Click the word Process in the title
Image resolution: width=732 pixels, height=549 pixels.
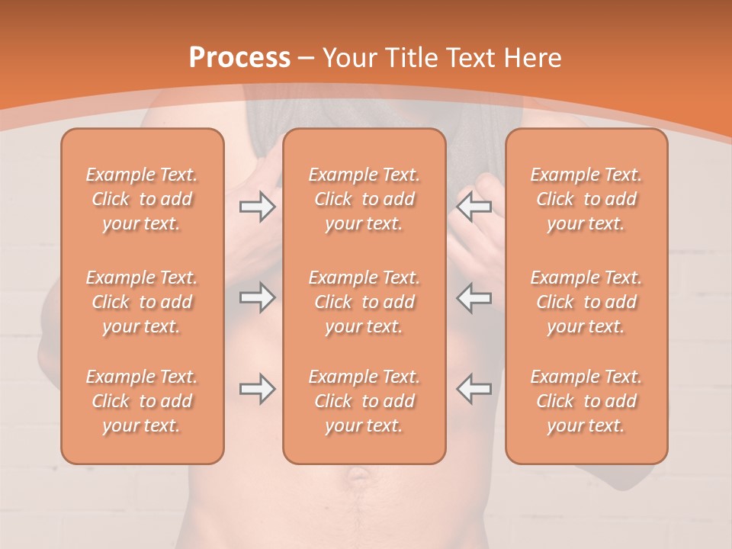(239, 58)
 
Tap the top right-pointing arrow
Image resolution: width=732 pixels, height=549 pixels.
(257, 207)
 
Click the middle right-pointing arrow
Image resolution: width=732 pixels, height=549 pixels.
(257, 297)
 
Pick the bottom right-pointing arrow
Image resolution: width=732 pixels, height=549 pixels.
(257, 389)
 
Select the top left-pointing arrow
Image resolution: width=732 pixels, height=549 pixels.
(474, 207)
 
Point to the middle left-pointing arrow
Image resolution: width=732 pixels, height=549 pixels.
(474, 297)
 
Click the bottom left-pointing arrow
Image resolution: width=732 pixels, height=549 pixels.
(474, 389)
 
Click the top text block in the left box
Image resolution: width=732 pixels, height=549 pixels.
(142, 199)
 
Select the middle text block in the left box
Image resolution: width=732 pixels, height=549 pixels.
(142, 302)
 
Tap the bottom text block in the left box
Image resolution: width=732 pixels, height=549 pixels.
(142, 401)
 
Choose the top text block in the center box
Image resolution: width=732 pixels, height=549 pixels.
(364, 199)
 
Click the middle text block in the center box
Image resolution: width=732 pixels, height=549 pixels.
(364, 302)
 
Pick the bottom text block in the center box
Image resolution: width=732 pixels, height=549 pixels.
(364, 401)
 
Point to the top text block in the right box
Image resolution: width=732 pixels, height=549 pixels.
(586, 199)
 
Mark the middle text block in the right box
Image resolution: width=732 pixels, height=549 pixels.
(586, 302)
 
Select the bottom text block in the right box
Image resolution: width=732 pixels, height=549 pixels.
(586, 401)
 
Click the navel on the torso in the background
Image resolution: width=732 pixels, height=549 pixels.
(357, 477)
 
